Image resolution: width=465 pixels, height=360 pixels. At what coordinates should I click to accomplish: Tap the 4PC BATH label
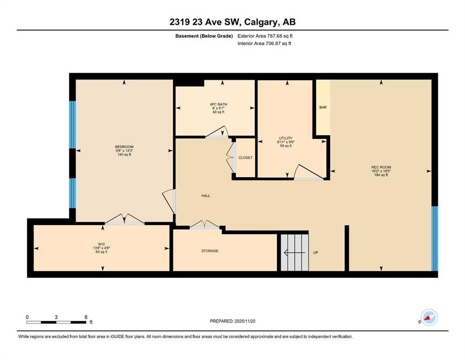218,105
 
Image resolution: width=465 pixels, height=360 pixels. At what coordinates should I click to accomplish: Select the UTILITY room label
285,138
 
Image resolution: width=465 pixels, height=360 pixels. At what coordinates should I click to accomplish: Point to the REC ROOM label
381,167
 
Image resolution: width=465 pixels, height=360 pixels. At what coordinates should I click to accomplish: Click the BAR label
323,107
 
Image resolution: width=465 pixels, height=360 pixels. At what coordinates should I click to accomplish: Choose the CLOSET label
245,158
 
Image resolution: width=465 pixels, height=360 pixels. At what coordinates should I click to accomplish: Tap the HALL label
205,195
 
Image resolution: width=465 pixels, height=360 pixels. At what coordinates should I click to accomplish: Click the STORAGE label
210,251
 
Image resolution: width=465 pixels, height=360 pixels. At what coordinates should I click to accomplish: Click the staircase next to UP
295,252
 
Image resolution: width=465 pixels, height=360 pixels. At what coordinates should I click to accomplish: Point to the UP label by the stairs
316,253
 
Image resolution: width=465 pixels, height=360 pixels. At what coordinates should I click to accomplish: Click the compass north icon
428,317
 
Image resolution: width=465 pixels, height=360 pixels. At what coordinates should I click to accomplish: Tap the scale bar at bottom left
56,322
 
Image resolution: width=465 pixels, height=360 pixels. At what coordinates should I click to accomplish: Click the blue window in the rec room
434,239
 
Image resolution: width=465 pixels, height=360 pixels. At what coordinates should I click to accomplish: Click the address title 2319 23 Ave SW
232,22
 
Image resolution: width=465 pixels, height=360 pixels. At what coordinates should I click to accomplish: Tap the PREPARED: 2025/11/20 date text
232,321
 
